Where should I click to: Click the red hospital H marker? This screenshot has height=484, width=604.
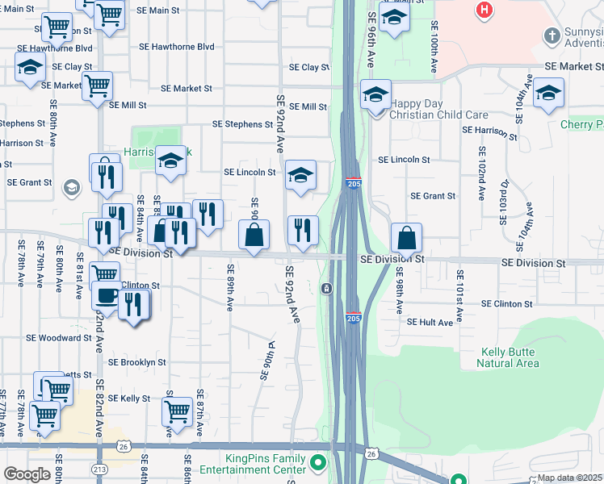point(484,10)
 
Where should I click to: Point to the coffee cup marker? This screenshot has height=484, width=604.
point(107,295)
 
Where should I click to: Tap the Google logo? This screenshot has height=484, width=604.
point(27,474)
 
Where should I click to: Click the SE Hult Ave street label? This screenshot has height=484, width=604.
point(430,322)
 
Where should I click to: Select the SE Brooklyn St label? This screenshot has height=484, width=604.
point(136,363)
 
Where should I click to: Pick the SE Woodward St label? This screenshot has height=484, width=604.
point(60,338)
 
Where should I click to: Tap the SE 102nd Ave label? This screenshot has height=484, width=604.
point(482,167)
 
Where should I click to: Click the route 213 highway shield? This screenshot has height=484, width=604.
point(100,469)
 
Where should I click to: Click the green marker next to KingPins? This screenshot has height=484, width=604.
point(319,464)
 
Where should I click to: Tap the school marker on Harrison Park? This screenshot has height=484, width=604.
point(170,160)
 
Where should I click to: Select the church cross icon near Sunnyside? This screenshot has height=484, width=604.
point(552,35)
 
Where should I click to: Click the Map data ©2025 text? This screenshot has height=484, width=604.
point(570,478)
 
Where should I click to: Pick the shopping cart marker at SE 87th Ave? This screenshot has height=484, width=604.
point(177,411)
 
